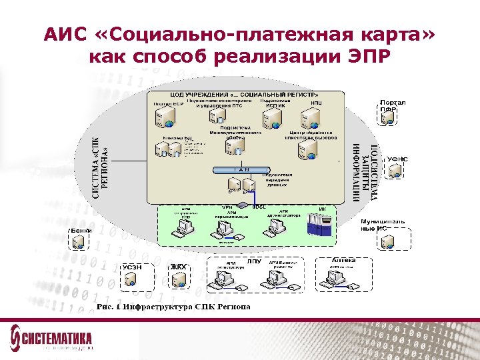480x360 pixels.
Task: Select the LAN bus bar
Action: (241, 169)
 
